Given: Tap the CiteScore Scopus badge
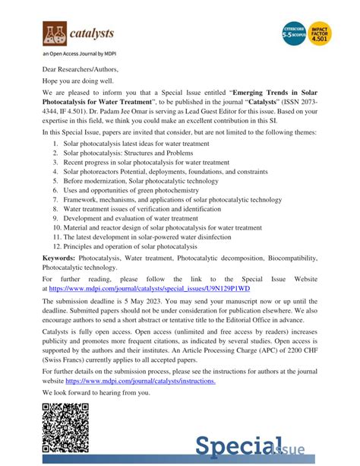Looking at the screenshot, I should [x=292, y=34].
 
